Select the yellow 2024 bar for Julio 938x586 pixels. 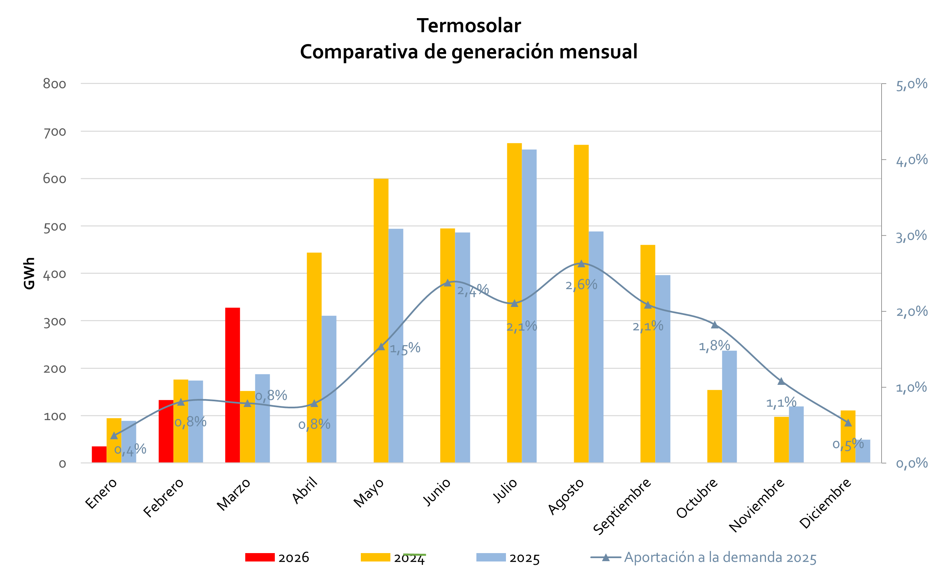[x=514, y=303]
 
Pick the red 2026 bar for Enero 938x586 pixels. [x=99, y=454]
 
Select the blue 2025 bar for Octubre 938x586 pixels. [x=729, y=407]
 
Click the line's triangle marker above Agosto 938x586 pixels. [x=581, y=264]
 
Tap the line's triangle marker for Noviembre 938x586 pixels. [x=781, y=381]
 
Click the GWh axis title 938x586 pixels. [x=29, y=273]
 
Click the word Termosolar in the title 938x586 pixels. [x=469, y=26]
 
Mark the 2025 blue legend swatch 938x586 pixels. [x=491, y=557]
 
